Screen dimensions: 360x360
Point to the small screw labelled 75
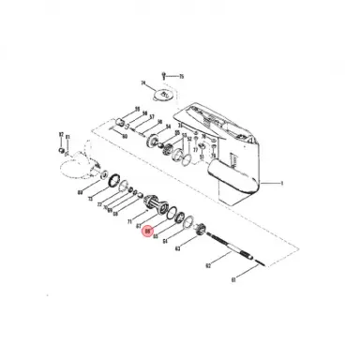pyautogui.click(x=165, y=72)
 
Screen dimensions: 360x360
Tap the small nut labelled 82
pyautogui.click(x=60, y=149)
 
